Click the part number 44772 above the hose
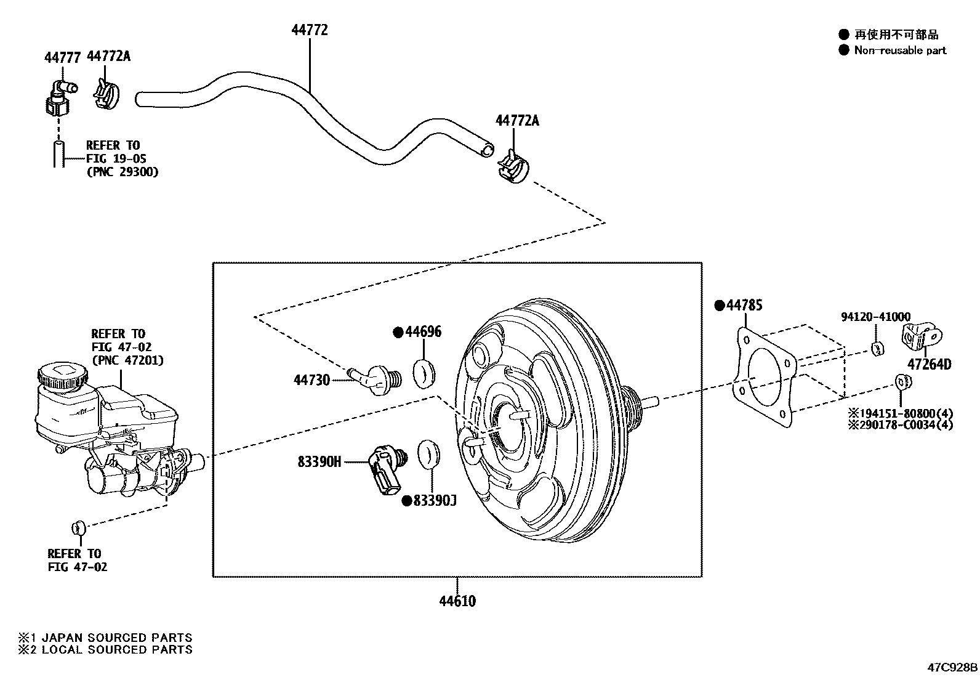click(x=309, y=30)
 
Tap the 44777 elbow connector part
click(x=59, y=99)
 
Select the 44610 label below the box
click(x=457, y=601)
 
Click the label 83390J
click(x=434, y=501)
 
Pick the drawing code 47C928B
click(x=952, y=668)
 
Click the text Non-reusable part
click(x=900, y=51)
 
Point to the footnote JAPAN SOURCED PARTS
click(x=116, y=638)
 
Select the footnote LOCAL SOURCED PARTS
click(x=116, y=649)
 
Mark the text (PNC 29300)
click(x=122, y=172)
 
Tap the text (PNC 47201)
click(x=127, y=360)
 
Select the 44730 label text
click(x=311, y=380)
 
